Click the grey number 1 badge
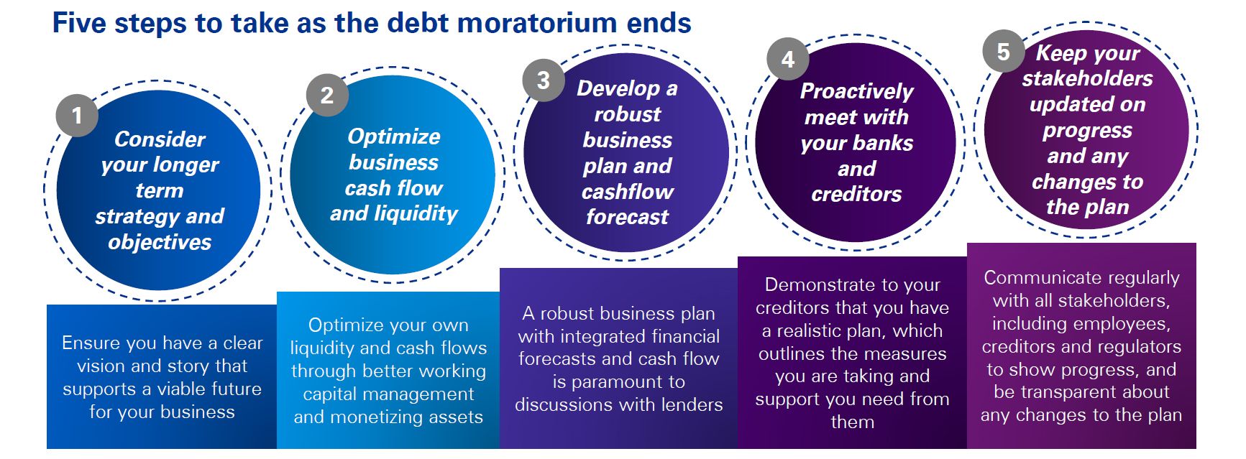[77, 115]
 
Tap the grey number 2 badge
[327, 95]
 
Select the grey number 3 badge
[544, 80]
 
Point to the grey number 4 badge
[788, 59]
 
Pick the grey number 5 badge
[1004, 51]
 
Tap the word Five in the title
[80, 23]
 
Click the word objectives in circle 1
[160, 243]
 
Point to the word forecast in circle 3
[627, 217]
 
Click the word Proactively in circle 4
[856, 92]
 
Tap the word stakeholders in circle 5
[1087, 78]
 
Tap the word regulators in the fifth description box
[1139, 347]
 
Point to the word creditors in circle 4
[856, 194]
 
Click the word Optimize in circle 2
[394, 137]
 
